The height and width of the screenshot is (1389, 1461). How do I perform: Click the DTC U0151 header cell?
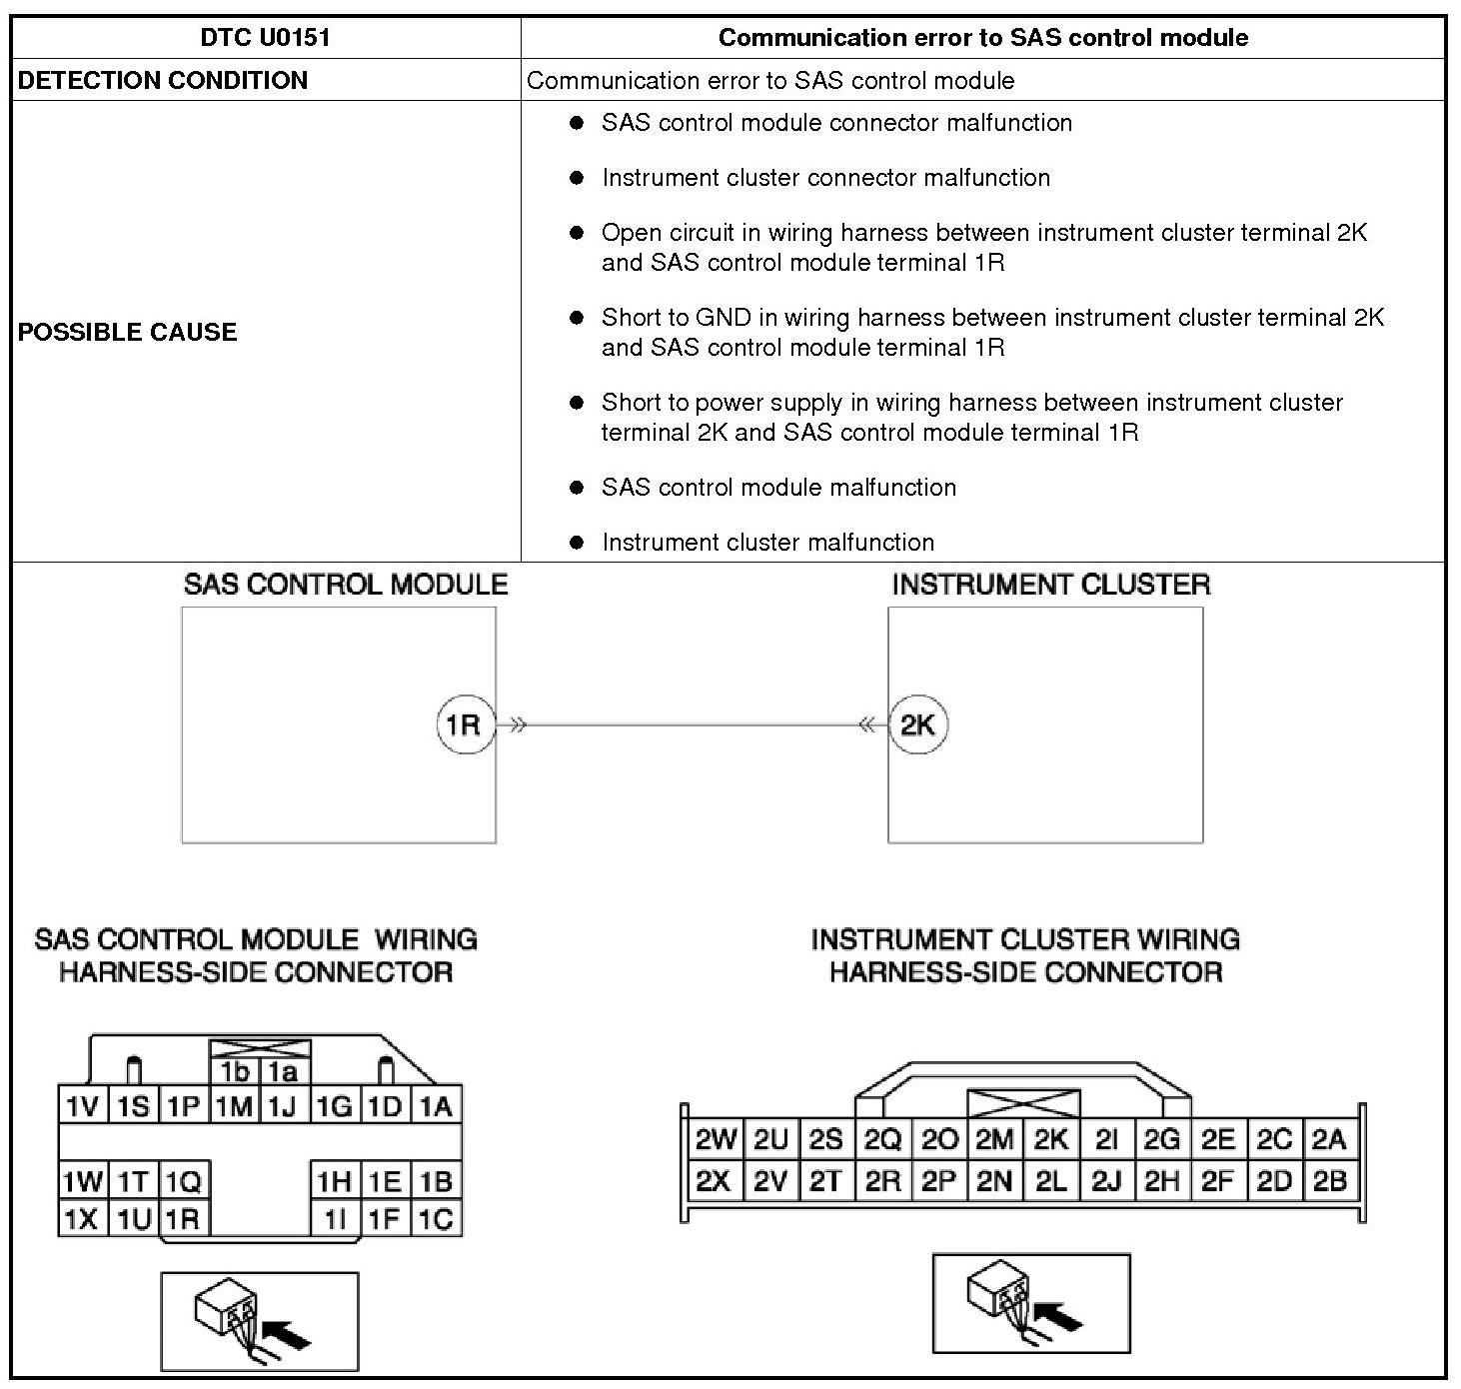[265, 38]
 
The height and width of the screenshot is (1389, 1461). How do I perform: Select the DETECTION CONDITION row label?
[163, 81]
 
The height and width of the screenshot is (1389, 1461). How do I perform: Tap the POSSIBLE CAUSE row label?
[128, 332]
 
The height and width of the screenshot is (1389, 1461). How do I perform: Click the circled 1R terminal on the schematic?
[465, 724]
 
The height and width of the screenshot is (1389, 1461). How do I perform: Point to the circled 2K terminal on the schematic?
[917, 724]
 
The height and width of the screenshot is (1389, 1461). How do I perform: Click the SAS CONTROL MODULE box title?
[345, 585]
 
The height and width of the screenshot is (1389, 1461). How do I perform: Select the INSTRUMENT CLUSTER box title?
[1050, 585]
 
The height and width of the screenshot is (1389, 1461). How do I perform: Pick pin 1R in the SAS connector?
[184, 1219]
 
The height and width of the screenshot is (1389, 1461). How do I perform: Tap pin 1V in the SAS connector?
[82, 1106]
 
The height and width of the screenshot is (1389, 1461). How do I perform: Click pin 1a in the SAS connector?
[284, 1072]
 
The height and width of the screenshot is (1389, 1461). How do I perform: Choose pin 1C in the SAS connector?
[436, 1219]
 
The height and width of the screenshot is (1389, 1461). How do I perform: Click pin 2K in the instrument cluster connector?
[1050, 1140]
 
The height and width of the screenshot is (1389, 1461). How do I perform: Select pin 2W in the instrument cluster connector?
[716, 1140]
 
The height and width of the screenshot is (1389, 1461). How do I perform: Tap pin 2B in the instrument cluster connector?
[1329, 1181]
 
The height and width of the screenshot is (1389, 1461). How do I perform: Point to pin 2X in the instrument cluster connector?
[714, 1181]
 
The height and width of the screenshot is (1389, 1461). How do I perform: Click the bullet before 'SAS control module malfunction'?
[577, 488]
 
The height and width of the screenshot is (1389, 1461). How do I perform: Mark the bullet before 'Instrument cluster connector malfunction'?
[577, 178]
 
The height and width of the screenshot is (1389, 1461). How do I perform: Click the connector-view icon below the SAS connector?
[259, 1321]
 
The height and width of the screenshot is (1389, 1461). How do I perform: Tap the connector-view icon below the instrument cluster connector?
[1030, 1303]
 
